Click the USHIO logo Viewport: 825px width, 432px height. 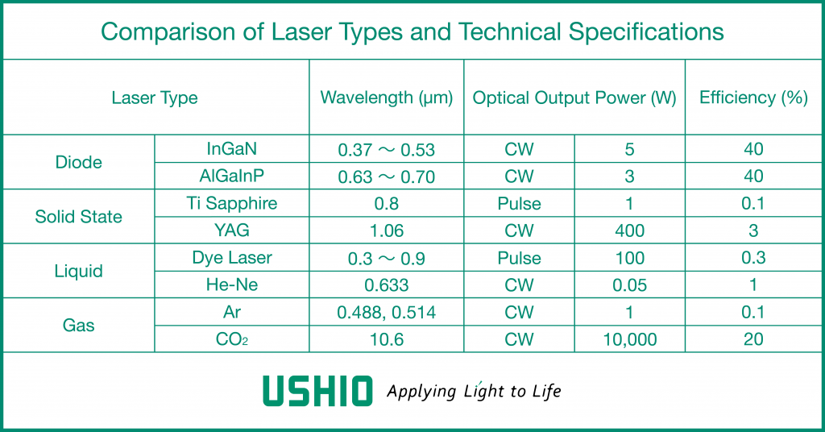tap(317, 391)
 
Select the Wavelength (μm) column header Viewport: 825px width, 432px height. tap(387, 98)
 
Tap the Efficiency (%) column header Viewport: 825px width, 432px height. tap(753, 98)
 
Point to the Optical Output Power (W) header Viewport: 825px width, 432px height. tap(574, 98)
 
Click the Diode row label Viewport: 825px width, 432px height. tap(78, 162)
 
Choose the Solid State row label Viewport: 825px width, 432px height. tap(78, 216)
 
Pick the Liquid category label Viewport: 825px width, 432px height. tap(78, 271)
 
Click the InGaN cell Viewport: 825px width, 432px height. tap(232, 149)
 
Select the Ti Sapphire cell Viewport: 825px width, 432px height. tap(232, 204)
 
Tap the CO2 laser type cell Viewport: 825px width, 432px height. tap(232, 339)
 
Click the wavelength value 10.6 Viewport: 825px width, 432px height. tap(387, 339)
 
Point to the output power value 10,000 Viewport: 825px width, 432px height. tap(630, 339)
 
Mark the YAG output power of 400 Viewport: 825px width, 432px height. tap(630, 231)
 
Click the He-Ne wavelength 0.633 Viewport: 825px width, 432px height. tap(387, 285)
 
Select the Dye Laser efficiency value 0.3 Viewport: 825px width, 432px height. tap(753, 258)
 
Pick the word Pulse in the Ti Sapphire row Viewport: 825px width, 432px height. tap(520, 204)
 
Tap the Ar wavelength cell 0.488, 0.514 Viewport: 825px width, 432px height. tap(387, 313)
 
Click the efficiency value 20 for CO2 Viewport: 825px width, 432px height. tap(753, 339)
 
